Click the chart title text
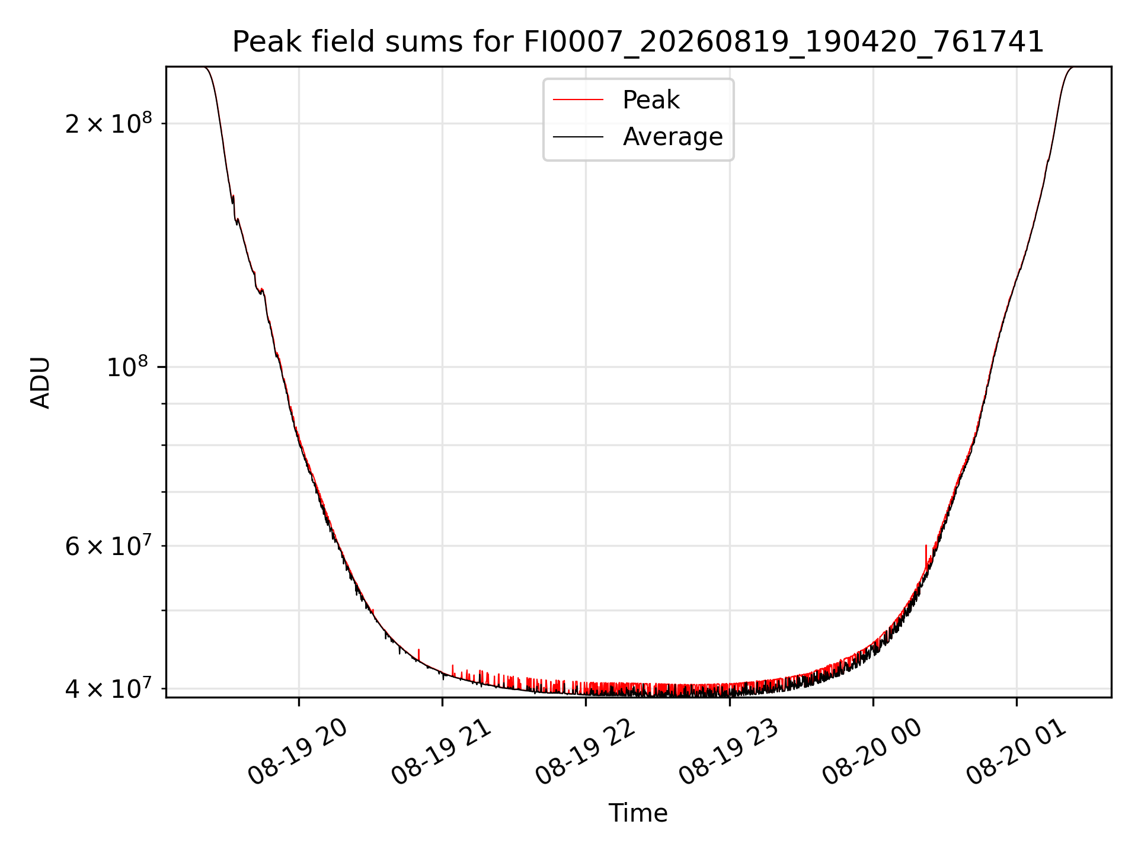(x=638, y=42)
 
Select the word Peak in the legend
(x=651, y=100)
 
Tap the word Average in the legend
(x=673, y=137)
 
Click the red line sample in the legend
(x=578, y=100)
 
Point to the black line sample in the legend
(x=578, y=137)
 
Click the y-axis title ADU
(x=40, y=383)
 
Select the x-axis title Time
(x=638, y=813)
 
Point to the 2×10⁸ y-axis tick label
(x=108, y=123)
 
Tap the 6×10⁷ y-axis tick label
(x=108, y=546)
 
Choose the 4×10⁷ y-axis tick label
(x=108, y=688)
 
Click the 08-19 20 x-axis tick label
(x=298, y=752)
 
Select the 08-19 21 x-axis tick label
(x=442, y=752)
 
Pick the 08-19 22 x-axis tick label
(x=585, y=752)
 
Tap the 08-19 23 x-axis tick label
(x=728, y=752)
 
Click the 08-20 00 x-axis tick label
(x=872, y=752)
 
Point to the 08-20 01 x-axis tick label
(x=1016, y=752)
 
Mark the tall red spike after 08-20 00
(x=925, y=557)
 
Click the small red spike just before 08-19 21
(x=419, y=655)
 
